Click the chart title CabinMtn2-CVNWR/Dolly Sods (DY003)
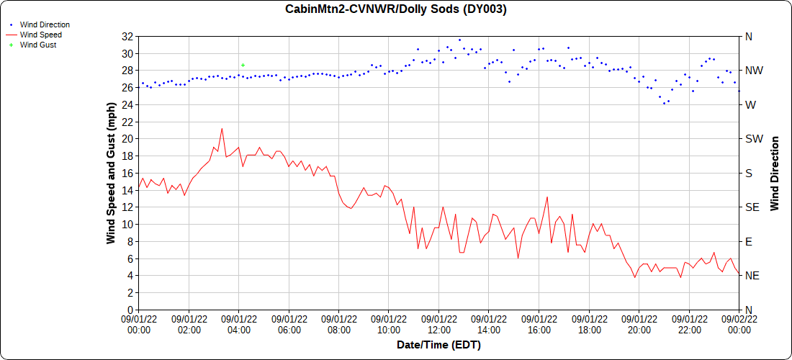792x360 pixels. (x=396, y=9)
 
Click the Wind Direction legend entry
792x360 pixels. (x=45, y=24)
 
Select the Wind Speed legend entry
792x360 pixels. (x=40, y=35)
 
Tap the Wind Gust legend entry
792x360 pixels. (x=38, y=45)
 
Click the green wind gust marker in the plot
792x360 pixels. (x=243, y=65)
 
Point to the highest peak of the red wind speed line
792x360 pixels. (x=222, y=129)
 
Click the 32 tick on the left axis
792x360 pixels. (x=127, y=37)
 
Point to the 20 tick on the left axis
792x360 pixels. (x=127, y=139)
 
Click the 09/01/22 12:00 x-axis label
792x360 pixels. (x=438, y=325)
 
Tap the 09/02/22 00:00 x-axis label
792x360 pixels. (x=739, y=325)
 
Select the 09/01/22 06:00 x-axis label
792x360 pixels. (x=289, y=325)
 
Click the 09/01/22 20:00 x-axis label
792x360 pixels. (x=639, y=325)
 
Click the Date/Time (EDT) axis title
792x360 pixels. (x=438, y=345)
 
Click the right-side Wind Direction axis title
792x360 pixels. (x=775, y=173)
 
